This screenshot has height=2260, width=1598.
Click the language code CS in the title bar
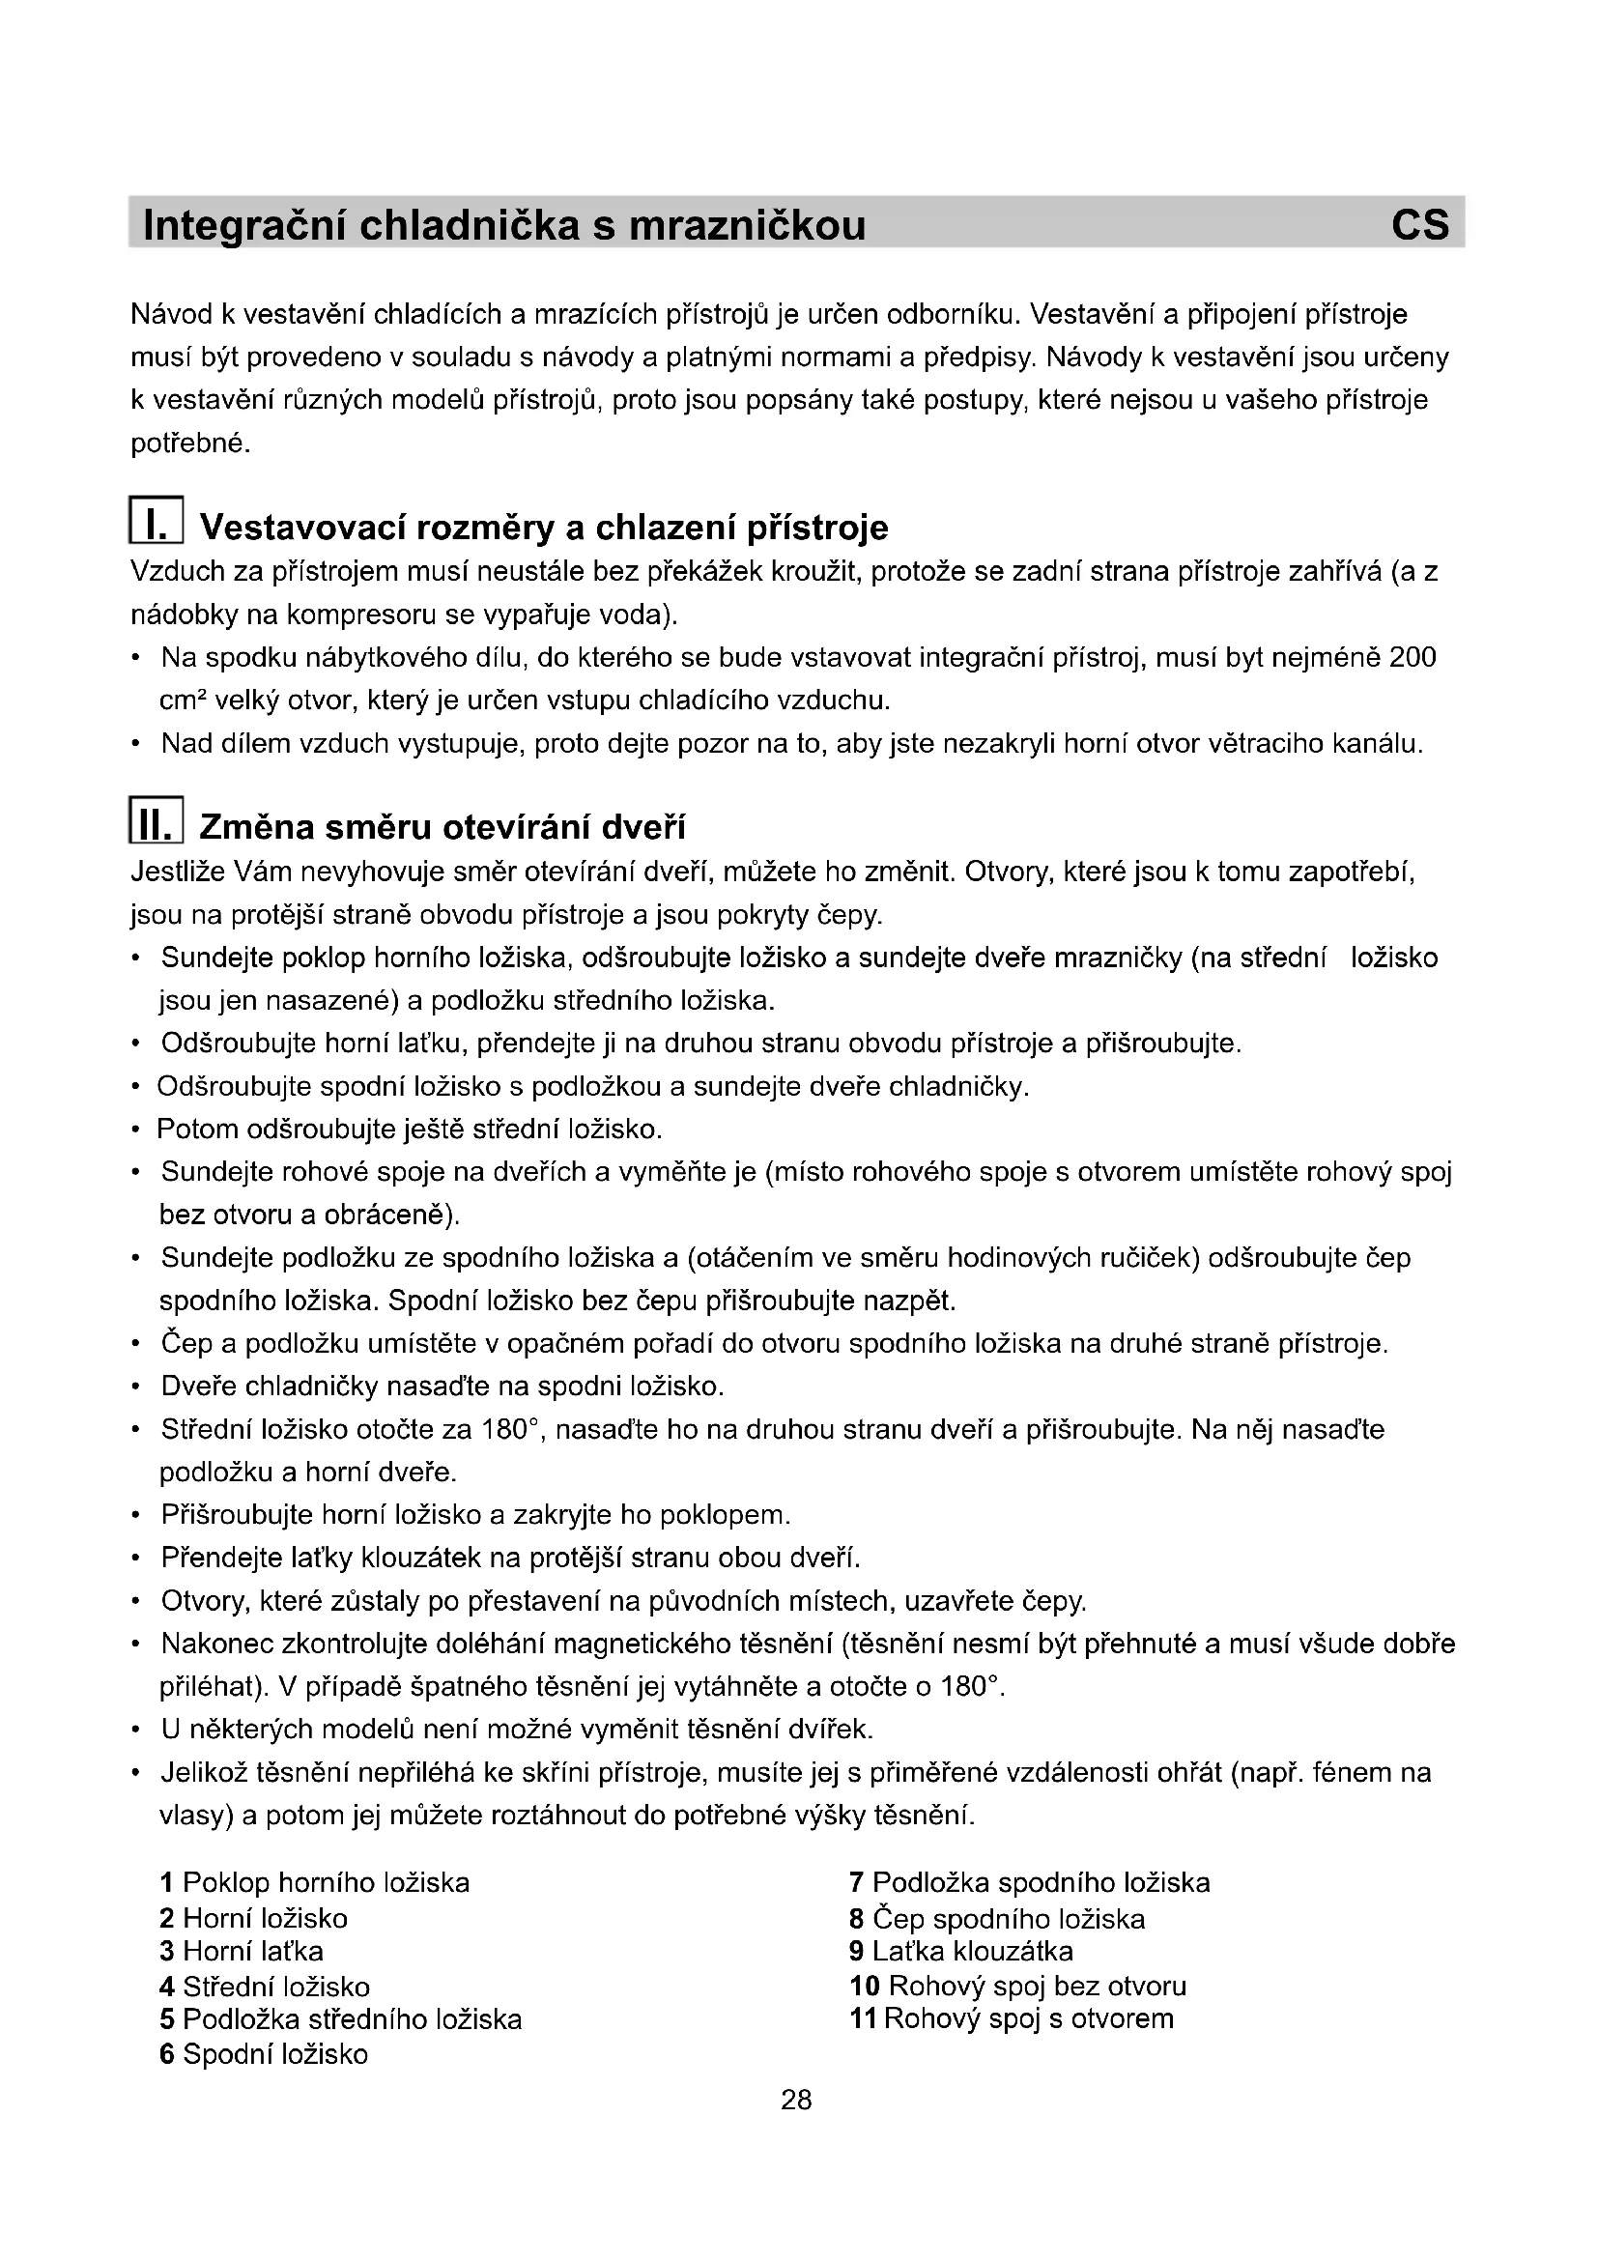[1419, 225]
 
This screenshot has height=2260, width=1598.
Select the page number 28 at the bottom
[796, 2101]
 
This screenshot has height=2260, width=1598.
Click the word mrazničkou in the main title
[747, 225]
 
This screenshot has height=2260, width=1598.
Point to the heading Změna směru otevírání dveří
[442, 827]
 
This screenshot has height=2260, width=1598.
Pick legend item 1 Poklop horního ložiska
[315, 1883]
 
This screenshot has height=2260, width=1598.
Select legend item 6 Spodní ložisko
[264, 2054]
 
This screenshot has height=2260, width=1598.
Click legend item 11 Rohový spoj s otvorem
[1012, 2018]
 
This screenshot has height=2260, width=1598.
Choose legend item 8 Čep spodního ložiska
[997, 1919]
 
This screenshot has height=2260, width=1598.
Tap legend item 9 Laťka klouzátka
[960, 1951]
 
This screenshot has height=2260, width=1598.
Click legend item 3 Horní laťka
[242, 1951]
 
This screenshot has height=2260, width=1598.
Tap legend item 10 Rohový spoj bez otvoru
[1017, 1986]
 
